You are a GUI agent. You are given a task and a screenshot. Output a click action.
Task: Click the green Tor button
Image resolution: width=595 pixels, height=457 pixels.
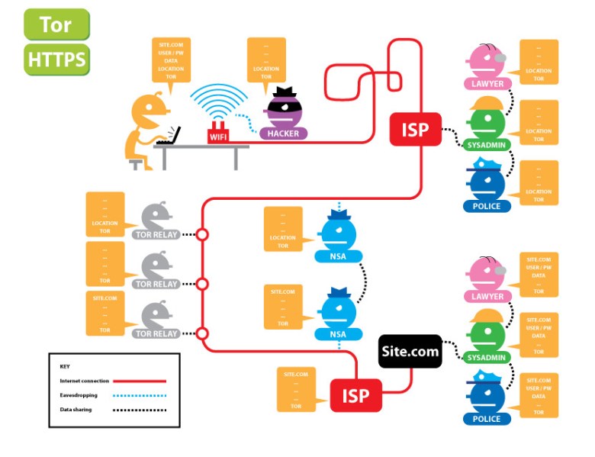coord(56,24)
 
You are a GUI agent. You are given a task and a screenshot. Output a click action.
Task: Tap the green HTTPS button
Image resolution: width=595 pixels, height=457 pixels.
coord(56,60)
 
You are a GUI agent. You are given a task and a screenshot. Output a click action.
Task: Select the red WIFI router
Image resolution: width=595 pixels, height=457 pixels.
coord(218,134)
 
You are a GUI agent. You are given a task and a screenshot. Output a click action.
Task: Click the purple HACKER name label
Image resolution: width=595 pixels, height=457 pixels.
coord(284,134)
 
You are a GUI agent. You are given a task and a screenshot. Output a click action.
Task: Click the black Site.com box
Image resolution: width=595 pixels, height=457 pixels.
coord(410,352)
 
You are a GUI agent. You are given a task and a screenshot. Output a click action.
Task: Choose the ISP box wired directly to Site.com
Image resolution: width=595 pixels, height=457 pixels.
coord(355,396)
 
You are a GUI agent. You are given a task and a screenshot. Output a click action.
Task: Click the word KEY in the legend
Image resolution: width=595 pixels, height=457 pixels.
coord(65,366)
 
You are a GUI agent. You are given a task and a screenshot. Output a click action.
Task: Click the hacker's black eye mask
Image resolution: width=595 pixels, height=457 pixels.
coord(284,108)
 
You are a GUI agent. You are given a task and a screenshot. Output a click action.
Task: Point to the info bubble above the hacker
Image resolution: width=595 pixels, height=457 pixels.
coord(266,60)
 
